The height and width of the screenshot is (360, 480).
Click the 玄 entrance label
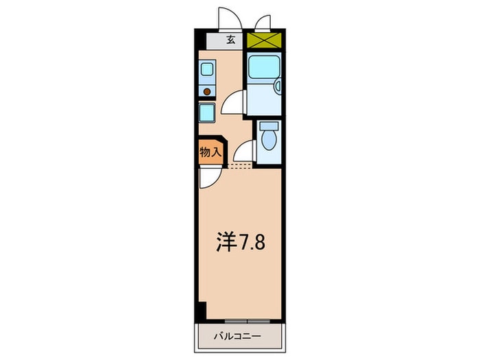230,40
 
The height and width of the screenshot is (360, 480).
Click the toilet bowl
268,141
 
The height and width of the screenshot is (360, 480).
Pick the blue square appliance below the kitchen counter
207,112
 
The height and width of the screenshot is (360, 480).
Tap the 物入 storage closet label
210,153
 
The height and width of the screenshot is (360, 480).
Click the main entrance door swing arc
228,16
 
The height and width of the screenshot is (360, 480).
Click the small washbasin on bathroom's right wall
276,86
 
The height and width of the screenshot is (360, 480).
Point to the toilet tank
268,125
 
